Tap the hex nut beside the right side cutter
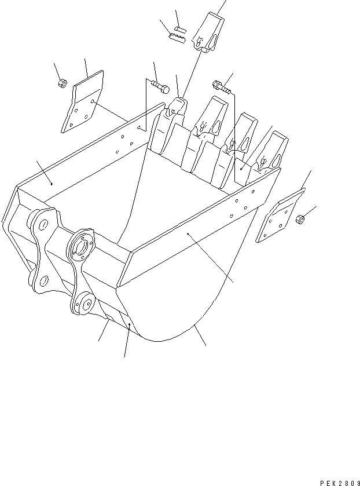tap(300, 220)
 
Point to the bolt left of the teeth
tap(160, 87)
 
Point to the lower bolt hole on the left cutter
tap(70, 125)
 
